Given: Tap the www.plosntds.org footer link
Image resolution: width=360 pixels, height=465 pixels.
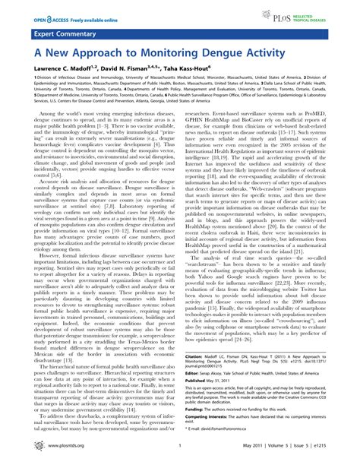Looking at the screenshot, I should [32, 457].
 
